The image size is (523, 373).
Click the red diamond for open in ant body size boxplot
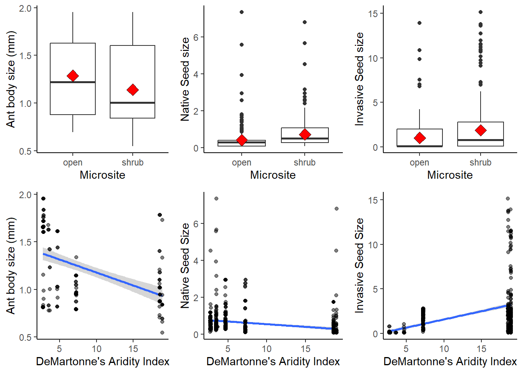click(x=73, y=76)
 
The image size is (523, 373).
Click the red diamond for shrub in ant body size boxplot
click(x=133, y=90)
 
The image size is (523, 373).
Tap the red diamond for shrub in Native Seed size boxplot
click(x=305, y=134)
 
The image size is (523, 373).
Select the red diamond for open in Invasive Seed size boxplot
click(x=419, y=138)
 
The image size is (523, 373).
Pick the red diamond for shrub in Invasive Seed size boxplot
click(x=481, y=130)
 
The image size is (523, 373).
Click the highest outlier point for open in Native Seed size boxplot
click(x=242, y=12)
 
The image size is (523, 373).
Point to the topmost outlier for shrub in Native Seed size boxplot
click(x=305, y=22)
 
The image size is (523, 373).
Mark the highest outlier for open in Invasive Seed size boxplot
click(x=419, y=23)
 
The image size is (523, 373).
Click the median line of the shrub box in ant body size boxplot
click(x=133, y=103)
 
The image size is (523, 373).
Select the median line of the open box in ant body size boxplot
click(x=73, y=82)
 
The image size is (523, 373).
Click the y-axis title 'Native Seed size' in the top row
click(x=185, y=79)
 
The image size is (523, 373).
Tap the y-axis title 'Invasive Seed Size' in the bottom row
click(x=360, y=265)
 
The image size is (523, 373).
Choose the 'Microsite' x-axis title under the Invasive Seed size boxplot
click(x=450, y=175)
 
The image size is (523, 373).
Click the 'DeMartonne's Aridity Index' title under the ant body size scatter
click(x=103, y=361)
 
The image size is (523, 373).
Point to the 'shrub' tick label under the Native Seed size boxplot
click(x=305, y=162)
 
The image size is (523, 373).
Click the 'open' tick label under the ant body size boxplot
click(x=73, y=162)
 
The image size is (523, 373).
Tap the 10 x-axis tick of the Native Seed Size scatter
click(x=267, y=349)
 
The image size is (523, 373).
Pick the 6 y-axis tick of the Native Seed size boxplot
click(x=196, y=37)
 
